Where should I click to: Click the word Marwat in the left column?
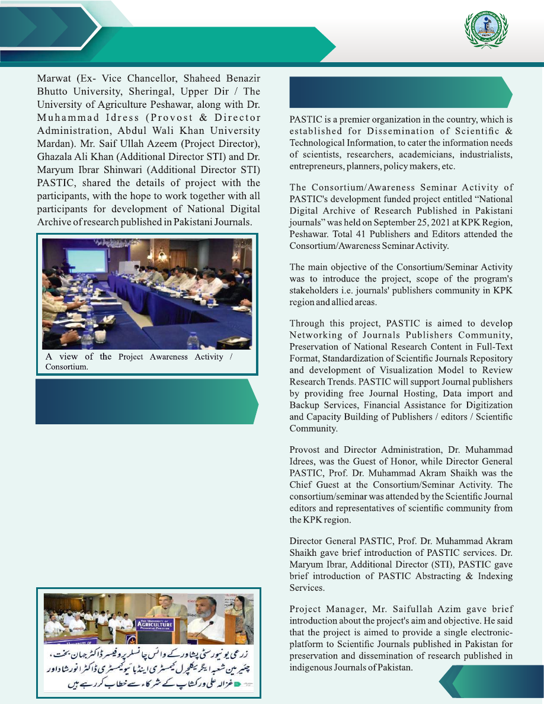tap(54, 79)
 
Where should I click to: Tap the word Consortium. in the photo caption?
tap(66, 367)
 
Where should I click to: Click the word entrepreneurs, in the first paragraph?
tap(317, 167)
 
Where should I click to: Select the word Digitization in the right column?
tap(483, 405)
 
